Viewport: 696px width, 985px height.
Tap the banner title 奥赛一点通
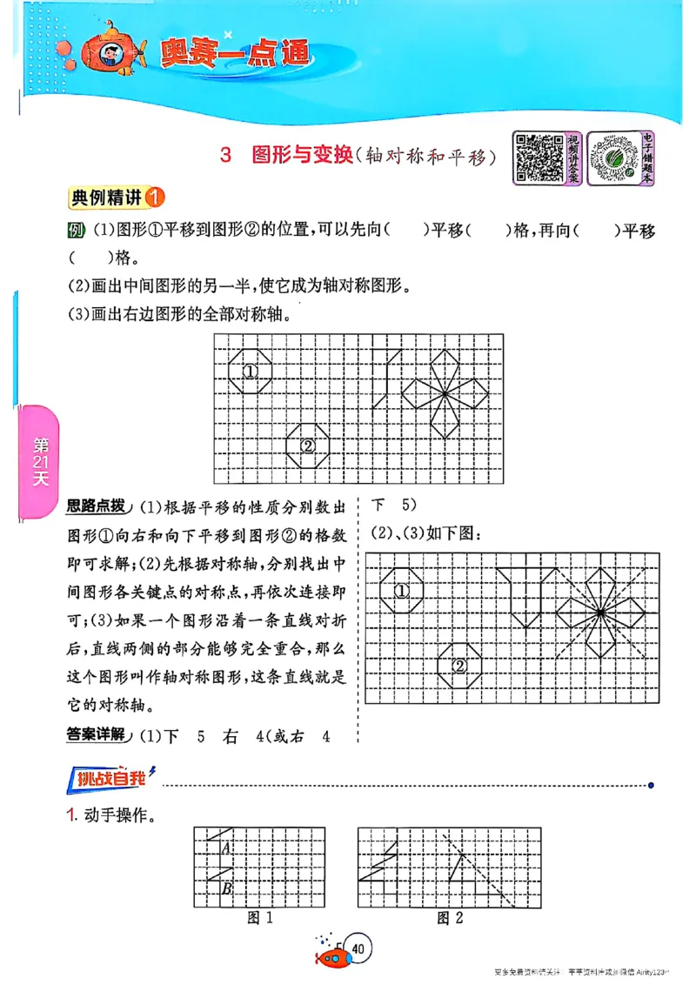click(x=235, y=54)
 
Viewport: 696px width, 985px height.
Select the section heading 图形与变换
click(x=301, y=157)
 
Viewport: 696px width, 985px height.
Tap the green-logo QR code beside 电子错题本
click(x=613, y=158)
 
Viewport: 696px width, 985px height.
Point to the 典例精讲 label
click(x=104, y=198)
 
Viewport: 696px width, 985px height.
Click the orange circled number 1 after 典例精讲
click(x=154, y=198)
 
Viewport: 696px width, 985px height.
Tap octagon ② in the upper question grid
click(x=308, y=446)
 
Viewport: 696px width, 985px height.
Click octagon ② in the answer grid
click(x=459, y=666)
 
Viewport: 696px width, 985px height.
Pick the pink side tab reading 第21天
click(x=40, y=461)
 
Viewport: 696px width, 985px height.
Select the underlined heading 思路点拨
click(x=95, y=506)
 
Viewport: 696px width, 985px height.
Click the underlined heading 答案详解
click(x=95, y=735)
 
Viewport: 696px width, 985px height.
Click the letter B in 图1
click(x=226, y=888)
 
